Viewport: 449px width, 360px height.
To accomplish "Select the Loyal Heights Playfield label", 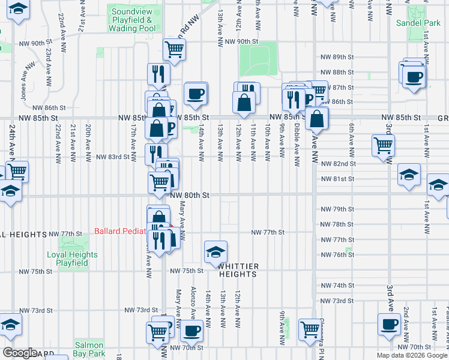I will (72, 258).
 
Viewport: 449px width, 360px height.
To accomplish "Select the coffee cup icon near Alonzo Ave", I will (192, 330).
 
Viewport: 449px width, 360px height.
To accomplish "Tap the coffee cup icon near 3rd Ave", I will (388, 325).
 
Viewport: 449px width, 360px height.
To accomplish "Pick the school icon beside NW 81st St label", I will (409, 175).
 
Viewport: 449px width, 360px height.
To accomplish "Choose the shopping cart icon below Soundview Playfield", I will (174, 50).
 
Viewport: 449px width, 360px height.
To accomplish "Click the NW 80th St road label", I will (190, 196).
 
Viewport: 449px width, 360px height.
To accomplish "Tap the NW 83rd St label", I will (113, 157).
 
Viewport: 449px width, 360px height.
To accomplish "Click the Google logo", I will (20, 352).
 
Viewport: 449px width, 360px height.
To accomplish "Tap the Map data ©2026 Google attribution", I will (411, 355).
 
